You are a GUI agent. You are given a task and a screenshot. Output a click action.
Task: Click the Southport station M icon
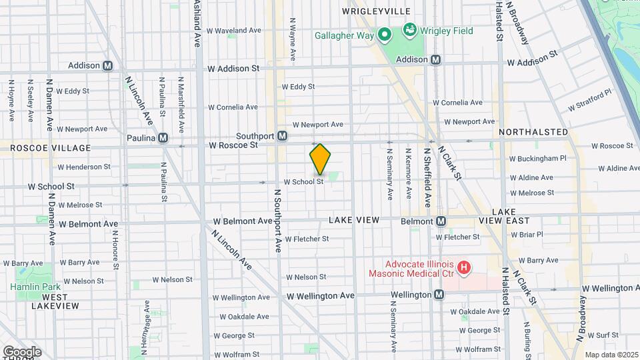point(283,136)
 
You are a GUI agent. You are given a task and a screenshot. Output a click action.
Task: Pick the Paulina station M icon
point(163,138)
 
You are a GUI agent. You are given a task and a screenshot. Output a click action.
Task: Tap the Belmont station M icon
point(441,221)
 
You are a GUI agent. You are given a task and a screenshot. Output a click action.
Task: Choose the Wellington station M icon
point(439,295)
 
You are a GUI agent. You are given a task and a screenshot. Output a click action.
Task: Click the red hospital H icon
point(465,268)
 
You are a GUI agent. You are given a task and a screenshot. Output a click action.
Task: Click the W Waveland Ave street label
point(233,31)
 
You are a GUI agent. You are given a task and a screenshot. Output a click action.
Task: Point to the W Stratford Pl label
point(590,101)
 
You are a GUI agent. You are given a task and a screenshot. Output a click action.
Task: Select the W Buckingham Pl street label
point(537,159)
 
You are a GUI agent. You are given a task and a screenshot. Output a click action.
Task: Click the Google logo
point(22,352)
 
